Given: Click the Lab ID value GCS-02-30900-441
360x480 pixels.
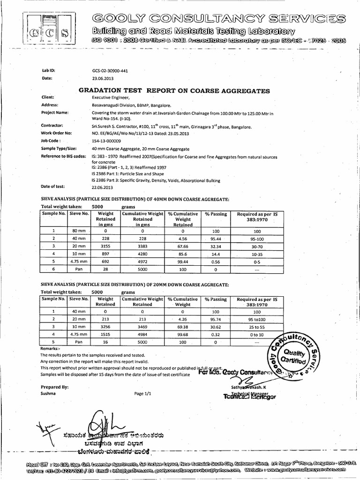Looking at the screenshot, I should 111,71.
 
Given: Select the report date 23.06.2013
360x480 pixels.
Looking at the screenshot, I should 102,78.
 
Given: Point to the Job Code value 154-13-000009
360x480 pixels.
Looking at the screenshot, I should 106,141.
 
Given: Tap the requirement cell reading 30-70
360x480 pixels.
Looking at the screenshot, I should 257,245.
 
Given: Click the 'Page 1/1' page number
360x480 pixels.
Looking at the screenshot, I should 143,394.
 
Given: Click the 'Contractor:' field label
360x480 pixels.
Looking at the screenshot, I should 52,126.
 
